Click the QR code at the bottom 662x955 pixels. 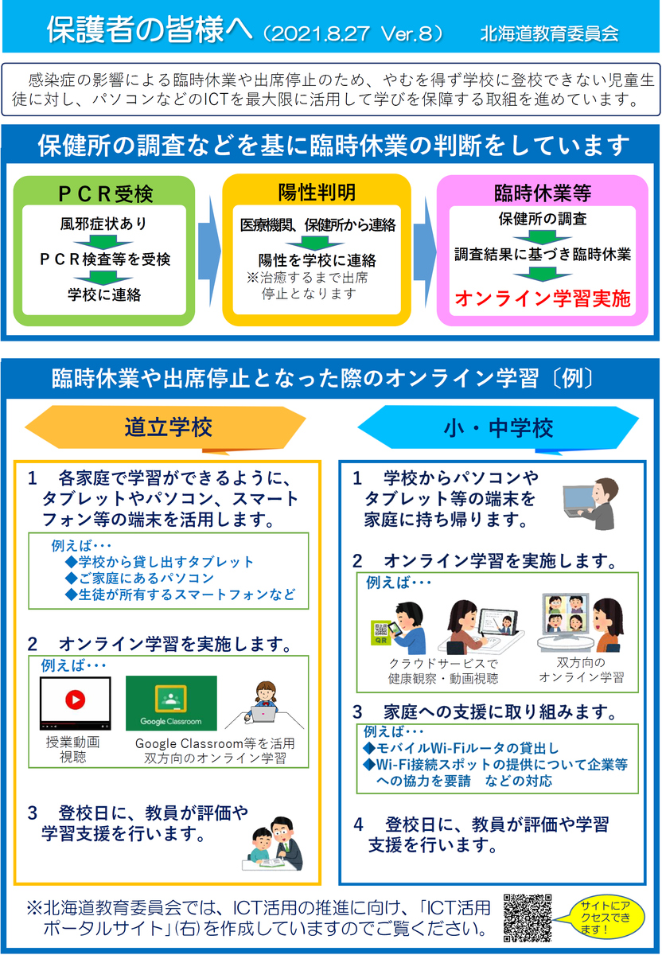point(528,918)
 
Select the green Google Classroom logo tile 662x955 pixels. point(171,704)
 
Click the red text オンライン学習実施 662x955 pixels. point(543,299)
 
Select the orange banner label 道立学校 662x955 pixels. point(168,427)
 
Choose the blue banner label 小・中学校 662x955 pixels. point(498,427)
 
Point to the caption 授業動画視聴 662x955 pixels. point(74,750)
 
